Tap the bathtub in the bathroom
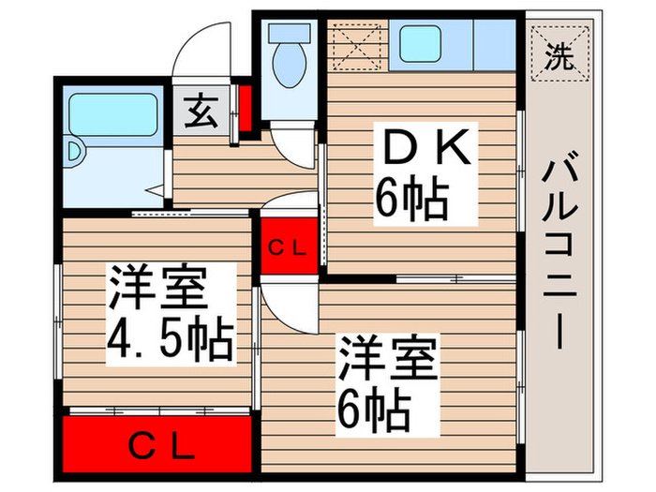(x=112, y=113)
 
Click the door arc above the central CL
(x=291, y=203)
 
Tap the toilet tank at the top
(x=284, y=33)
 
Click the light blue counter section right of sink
(x=491, y=45)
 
